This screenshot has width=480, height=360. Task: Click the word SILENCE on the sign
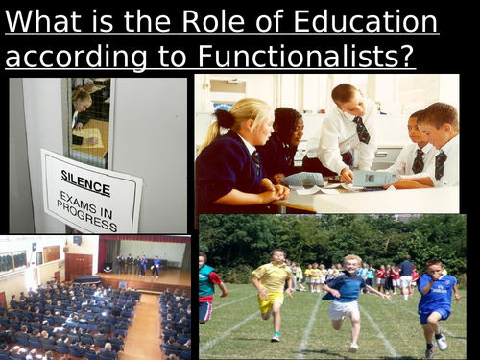pyautogui.click(x=85, y=177)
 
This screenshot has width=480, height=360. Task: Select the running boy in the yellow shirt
pyautogui.click(x=273, y=288)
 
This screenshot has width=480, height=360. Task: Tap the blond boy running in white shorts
pyautogui.click(x=346, y=293)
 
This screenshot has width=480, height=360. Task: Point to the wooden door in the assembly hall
pyautogui.click(x=78, y=264)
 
